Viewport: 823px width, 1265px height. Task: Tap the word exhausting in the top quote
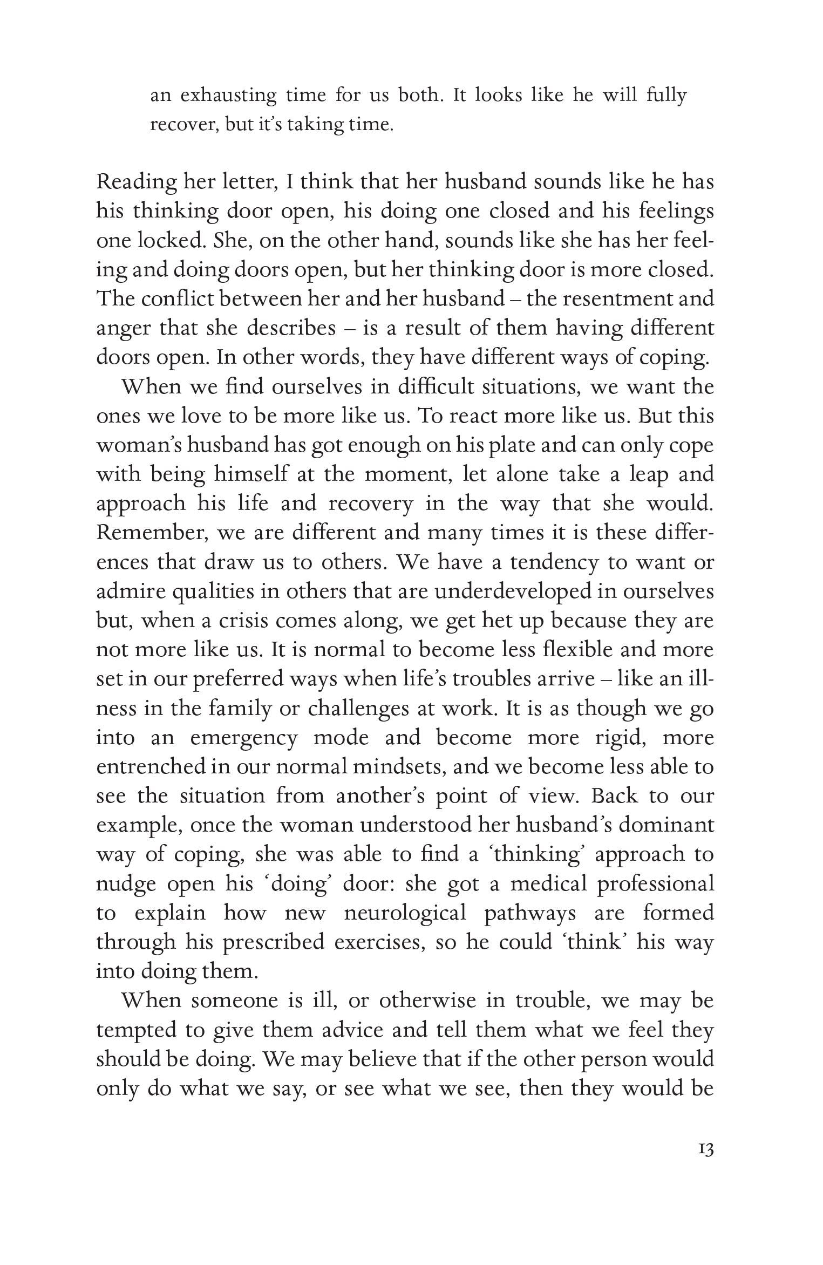[x=228, y=96]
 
